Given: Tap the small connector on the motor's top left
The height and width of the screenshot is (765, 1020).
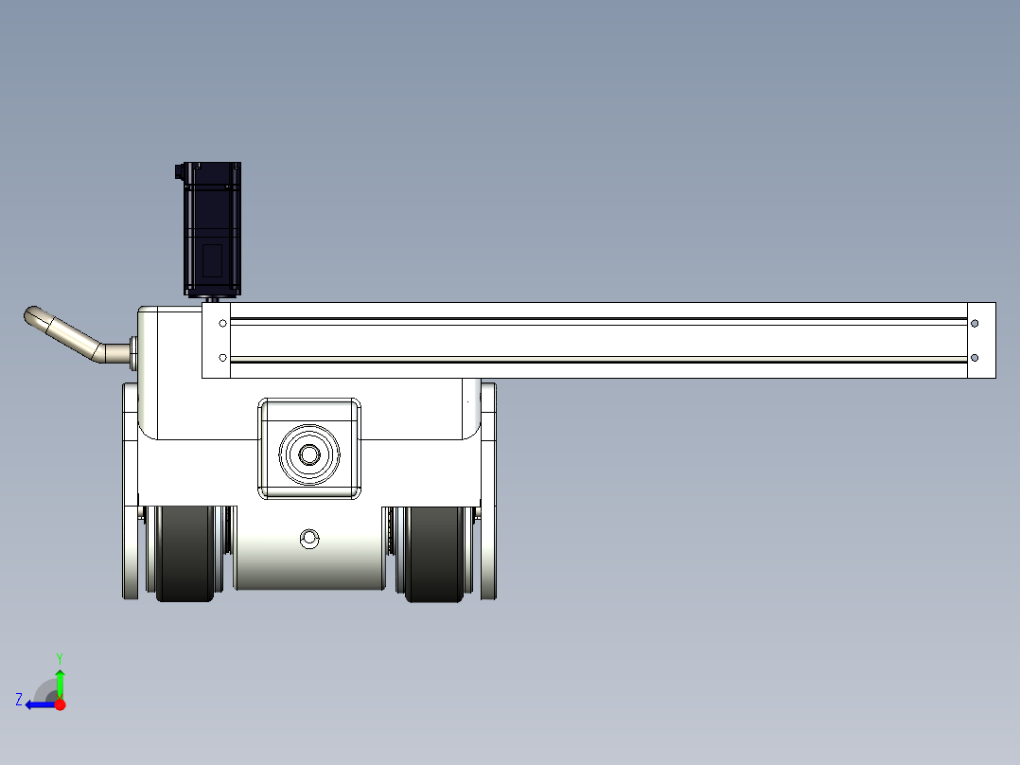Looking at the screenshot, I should pyautogui.click(x=179, y=171).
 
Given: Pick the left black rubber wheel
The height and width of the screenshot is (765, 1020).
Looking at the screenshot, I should pyautogui.click(x=185, y=554).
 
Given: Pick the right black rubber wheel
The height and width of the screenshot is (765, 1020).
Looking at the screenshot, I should pyautogui.click(x=435, y=554).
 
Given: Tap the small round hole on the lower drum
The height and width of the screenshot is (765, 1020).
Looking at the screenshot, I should pyautogui.click(x=308, y=540).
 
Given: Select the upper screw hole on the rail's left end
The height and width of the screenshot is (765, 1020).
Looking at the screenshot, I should pyautogui.click(x=222, y=323).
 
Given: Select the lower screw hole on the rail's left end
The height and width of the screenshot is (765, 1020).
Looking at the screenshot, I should pyautogui.click(x=222, y=358).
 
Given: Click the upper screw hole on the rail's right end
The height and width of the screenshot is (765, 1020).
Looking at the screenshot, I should pyautogui.click(x=975, y=323).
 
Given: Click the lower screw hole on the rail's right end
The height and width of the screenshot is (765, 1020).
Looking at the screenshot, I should pyautogui.click(x=975, y=358).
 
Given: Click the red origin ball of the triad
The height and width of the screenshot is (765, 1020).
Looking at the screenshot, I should pyautogui.click(x=60, y=704).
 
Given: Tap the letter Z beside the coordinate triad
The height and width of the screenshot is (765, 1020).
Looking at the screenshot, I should pyautogui.click(x=19, y=700).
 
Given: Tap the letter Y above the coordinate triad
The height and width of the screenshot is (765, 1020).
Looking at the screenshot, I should pyautogui.click(x=60, y=657).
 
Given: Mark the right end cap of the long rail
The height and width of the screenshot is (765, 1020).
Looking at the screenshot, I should pyautogui.click(x=981, y=341).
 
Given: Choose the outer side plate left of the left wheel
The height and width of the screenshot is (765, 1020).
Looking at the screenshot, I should pyautogui.click(x=131, y=554).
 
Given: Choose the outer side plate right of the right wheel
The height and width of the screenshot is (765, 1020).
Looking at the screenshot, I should pyautogui.click(x=488, y=554).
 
